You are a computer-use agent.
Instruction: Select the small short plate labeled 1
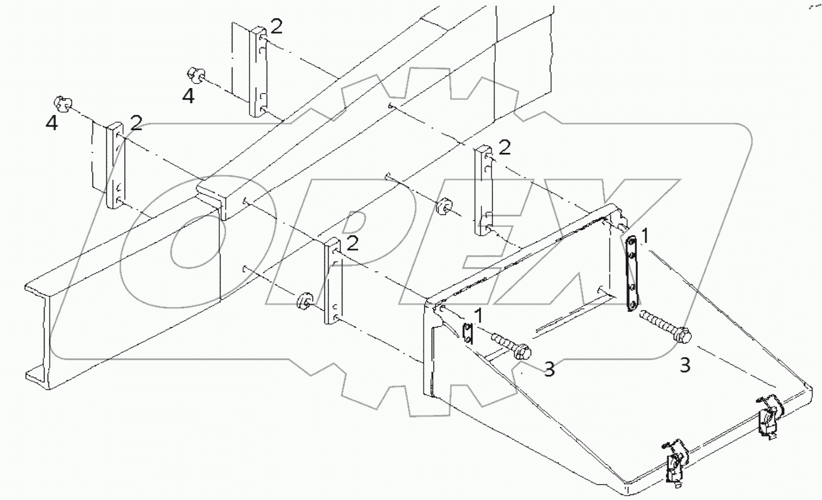pyautogui.click(x=467, y=333)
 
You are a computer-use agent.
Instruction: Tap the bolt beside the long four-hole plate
pyautogui.click(x=666, y=327)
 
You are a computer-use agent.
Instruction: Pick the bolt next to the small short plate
pyautogui.click(x=511, y=347)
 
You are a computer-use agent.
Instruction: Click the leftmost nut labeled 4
pyautogui.click(x=61, y=103)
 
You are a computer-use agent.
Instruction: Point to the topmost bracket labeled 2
pyautogui.click(x=258, y=72)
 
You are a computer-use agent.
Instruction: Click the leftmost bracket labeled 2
pyautogui.click(x=116, y=165)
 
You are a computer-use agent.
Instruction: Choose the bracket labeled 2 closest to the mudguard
pyautogui.click(x=484, y=189)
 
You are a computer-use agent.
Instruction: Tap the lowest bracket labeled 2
pyautogui.click(x=332, y=281)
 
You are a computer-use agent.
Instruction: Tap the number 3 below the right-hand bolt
pyautogui.click(x=684, y=365)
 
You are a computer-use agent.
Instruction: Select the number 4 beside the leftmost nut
pyautogui.click(x=52, y=123)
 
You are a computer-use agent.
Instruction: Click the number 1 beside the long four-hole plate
pyautogui.click(x=647, y=235)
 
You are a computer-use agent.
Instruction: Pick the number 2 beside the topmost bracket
pyautogui.click(x=276, y=26)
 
